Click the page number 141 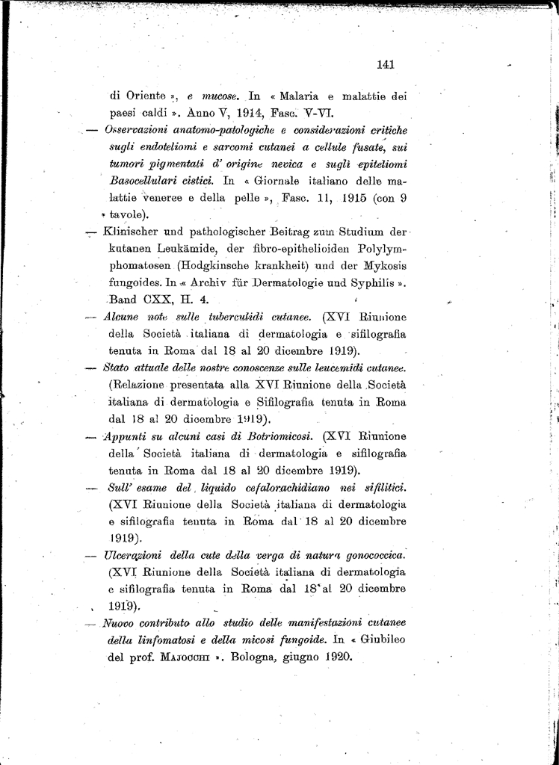click(x=386, y=64)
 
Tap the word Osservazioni click(x=138, y=130)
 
